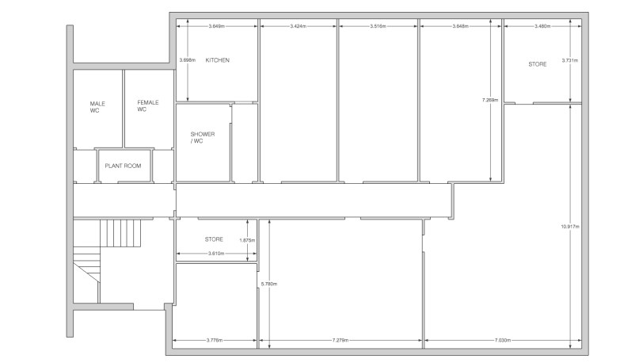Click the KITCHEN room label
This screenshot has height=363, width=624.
[x=217, y=60]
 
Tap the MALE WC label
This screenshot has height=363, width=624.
[x=97, y=107]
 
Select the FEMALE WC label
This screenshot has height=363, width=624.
[x=147, y=106]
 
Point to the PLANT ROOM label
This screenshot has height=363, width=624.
[x=123, y=166]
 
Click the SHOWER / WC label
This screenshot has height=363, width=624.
[x=203, y=138]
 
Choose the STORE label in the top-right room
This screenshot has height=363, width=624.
[x=537, y=63]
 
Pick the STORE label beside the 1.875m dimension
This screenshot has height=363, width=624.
[x=214, y=239]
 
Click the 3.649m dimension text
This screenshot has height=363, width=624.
[x=215, y=27]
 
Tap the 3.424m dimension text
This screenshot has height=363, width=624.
[x=299, y=27]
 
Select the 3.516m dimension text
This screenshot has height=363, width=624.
[x=378, y=27]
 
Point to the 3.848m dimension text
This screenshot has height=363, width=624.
[x=458, y=27]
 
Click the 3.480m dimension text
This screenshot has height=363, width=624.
[x=542, y=27]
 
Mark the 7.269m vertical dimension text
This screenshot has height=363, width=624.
[x=490, y=100]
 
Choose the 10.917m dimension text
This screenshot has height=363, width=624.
[x=570, y=227]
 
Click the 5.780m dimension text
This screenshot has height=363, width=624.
[x=269, y=283]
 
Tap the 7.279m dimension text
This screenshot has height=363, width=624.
[x=341, y=341]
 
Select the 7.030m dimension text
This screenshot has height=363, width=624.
[x=501, y=341]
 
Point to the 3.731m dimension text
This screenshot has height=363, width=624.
[x=569, y=60]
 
